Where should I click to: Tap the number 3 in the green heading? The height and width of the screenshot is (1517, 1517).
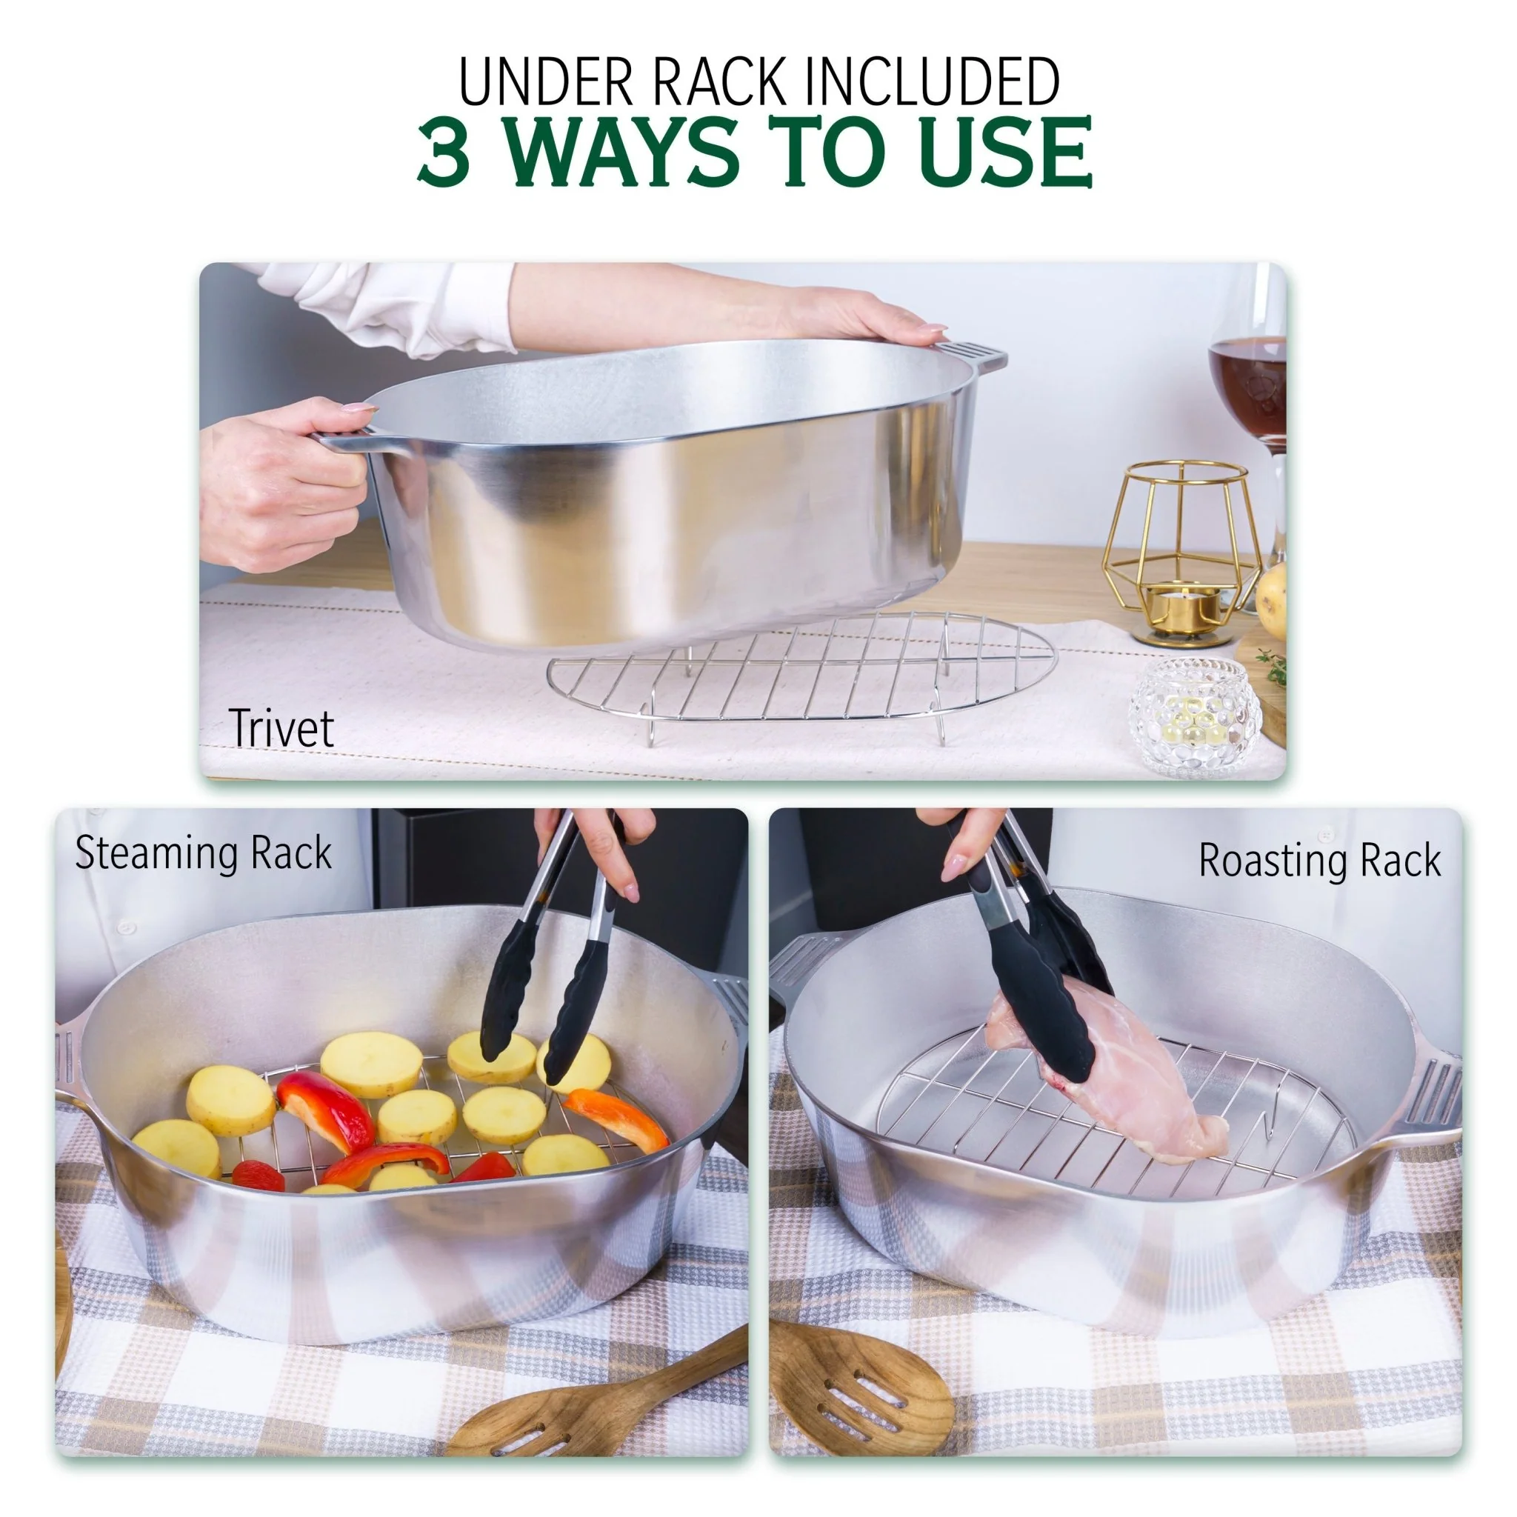pos(444,151)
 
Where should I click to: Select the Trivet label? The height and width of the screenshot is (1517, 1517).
pos(281,729)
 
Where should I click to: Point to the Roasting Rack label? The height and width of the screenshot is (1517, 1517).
pos(1319,861)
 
